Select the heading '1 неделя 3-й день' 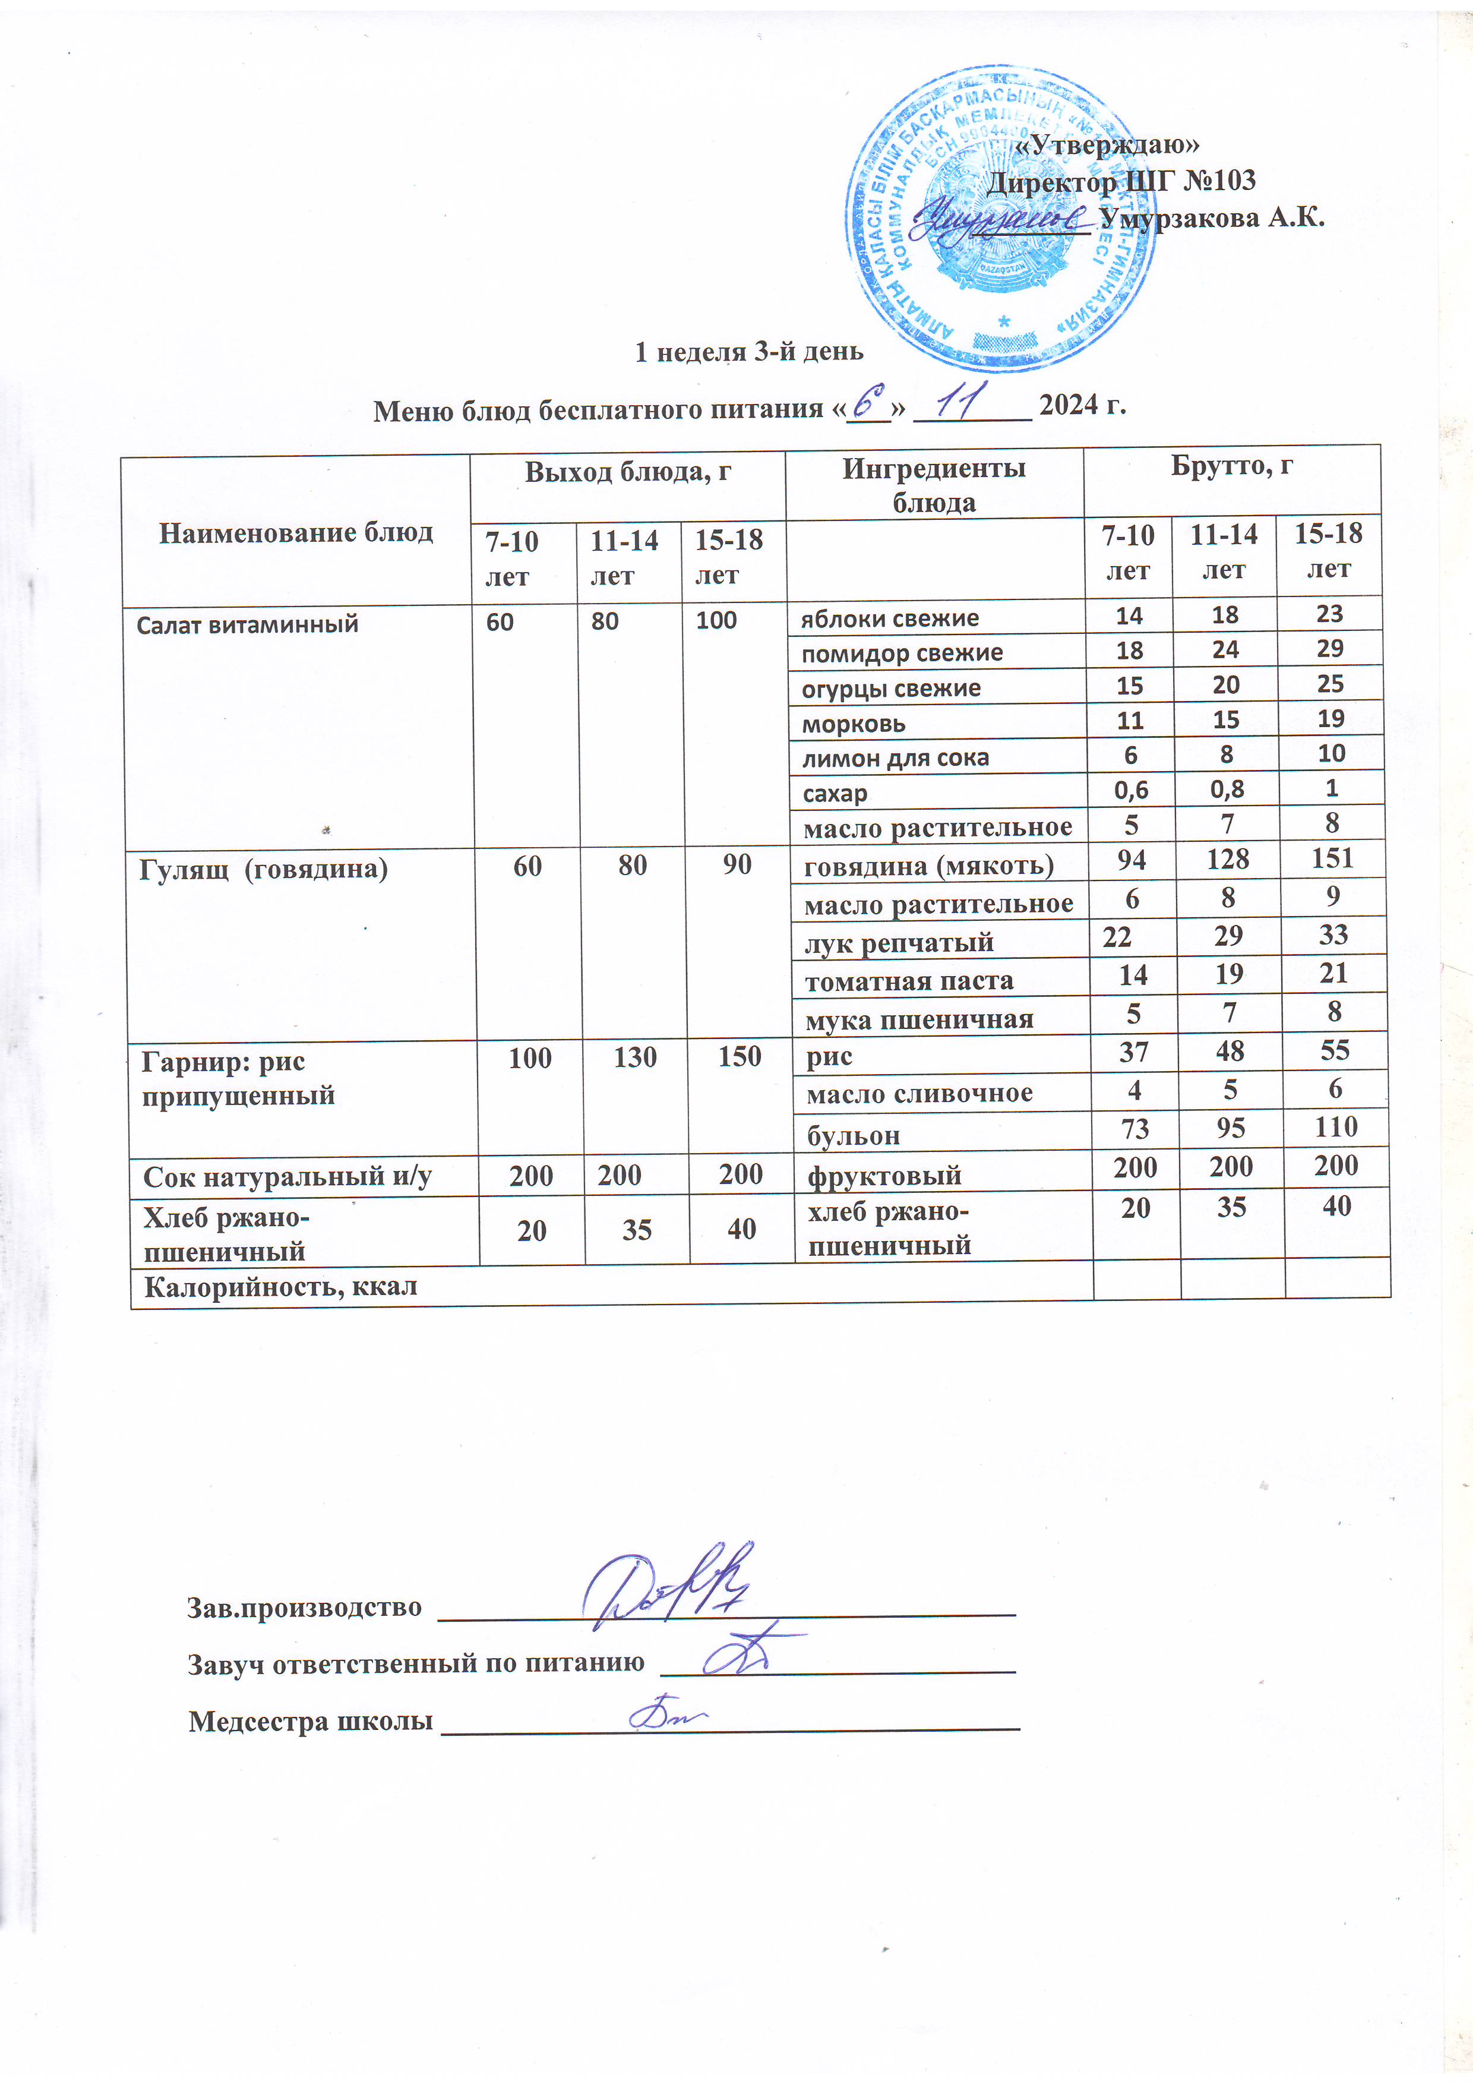[749, 351]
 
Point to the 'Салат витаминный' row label [247, 624]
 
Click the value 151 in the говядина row [1332, 858]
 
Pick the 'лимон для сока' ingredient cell [895, 758]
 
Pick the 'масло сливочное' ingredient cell [918, 1094]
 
